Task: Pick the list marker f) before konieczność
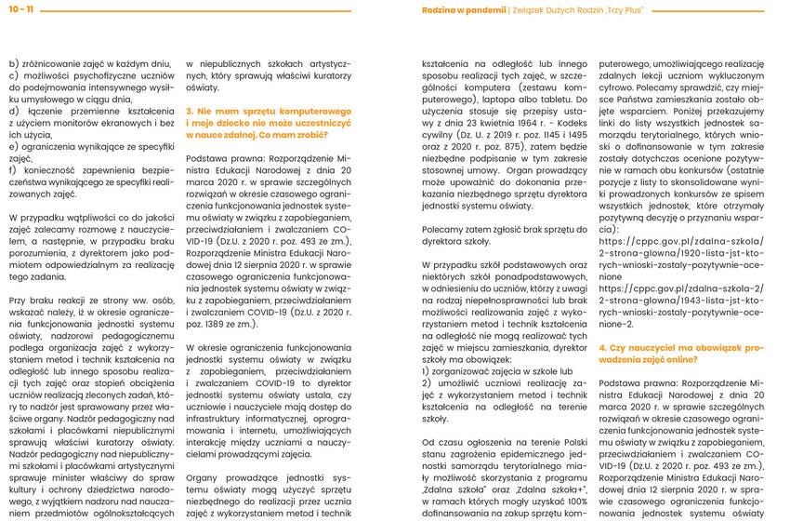coord(12,170)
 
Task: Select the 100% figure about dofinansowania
coord(574,502)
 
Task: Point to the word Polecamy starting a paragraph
coord(441,228)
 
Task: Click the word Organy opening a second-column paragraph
coord(204,478)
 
